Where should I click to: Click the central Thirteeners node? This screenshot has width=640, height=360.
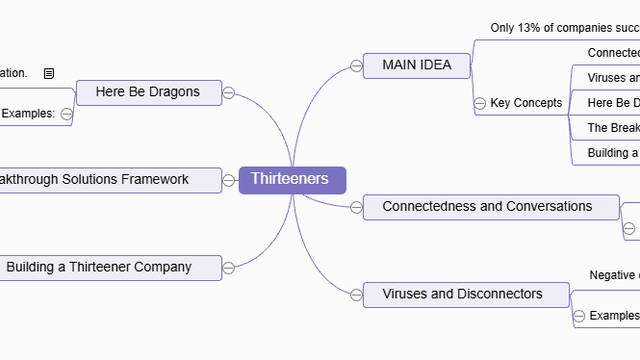292,180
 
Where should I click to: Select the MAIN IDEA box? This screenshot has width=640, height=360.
417,66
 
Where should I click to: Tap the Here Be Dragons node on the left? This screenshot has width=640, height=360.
148,92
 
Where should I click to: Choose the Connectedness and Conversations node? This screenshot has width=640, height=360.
487,207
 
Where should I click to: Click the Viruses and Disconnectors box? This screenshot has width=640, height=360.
462,294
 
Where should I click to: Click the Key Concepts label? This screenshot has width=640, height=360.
526,103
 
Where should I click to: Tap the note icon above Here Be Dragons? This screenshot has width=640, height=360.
49,73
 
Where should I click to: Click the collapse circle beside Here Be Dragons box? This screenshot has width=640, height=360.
228,93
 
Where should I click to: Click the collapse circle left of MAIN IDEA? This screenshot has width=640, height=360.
356,67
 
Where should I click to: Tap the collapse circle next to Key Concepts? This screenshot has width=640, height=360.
480,103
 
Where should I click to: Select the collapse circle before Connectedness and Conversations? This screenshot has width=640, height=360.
356,208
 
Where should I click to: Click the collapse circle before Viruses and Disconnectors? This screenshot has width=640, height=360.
356,294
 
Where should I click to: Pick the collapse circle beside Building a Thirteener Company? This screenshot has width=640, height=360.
228,267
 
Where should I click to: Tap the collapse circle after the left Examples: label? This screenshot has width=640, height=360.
67,114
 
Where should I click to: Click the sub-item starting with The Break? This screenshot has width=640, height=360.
611,128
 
